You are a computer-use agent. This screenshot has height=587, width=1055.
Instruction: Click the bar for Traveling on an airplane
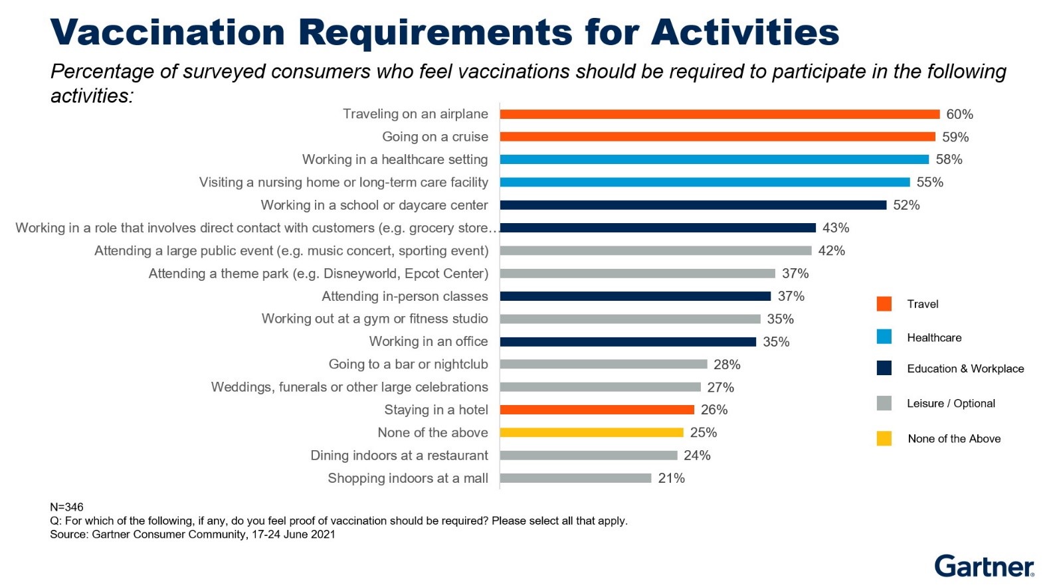coord(719,114)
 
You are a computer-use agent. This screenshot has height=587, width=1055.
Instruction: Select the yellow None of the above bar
coord(591,432)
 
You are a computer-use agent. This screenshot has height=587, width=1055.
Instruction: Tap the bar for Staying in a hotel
coord(597,410)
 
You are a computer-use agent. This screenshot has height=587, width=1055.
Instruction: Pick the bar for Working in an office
coord(628,342)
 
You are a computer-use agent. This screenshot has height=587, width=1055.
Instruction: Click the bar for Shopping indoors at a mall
coord(575,478)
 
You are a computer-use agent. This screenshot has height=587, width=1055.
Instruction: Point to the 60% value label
coord(959,114)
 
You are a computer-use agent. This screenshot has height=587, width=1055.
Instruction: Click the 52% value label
coord(906,205)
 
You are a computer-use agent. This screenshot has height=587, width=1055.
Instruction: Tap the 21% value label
coord(671,478)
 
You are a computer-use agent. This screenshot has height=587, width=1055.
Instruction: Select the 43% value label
coord(835,228)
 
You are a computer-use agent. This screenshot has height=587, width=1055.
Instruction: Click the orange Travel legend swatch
coord(884,304)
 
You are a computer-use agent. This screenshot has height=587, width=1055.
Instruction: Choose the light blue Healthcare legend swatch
coord(884,337)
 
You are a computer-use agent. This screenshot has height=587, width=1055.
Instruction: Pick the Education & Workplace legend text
coord(965,369)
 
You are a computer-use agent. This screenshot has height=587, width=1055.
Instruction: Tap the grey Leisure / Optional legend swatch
coord(884,403)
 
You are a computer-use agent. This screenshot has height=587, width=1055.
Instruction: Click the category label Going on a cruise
coord(434,137)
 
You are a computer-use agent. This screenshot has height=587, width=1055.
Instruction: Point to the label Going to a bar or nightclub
coord(408,365)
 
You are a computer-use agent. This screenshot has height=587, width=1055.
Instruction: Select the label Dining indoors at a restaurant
coord(399,456)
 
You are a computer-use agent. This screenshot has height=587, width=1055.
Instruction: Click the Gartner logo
coord(984,566)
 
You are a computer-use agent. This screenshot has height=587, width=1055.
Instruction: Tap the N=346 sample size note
coord(66,507)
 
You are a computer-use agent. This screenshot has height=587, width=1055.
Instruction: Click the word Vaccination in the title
coord(167,32)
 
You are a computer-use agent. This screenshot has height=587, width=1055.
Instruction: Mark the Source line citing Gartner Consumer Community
coord(193,535)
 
